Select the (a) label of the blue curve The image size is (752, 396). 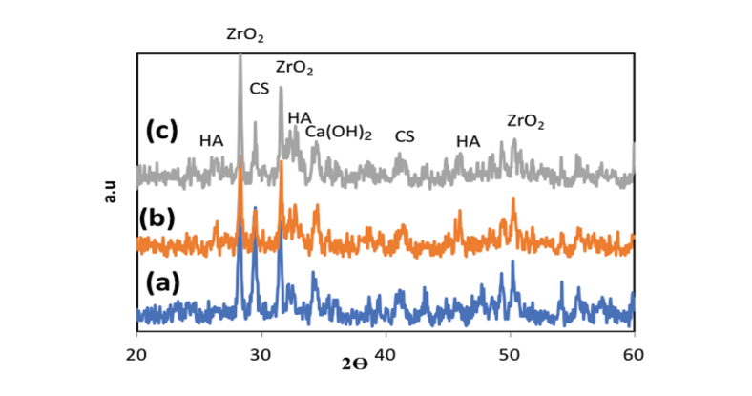pyautogui.click(x=164, y=282)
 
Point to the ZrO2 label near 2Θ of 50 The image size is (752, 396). pyautogui.click(x=526, y=121)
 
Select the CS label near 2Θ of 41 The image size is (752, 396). pyautogui.click(x=405, y=136)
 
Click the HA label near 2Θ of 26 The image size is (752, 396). pyautogui.click(x=211, y=140)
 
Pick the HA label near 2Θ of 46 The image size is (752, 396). pyautogui.click(x=468, y=141)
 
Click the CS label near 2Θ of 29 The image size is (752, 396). pyautogui.click(x=260, y=89)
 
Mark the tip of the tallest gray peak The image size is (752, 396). pyautogui.click(x=240, y=55)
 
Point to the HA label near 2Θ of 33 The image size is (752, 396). pyautogui.click(x=300, y=116)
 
